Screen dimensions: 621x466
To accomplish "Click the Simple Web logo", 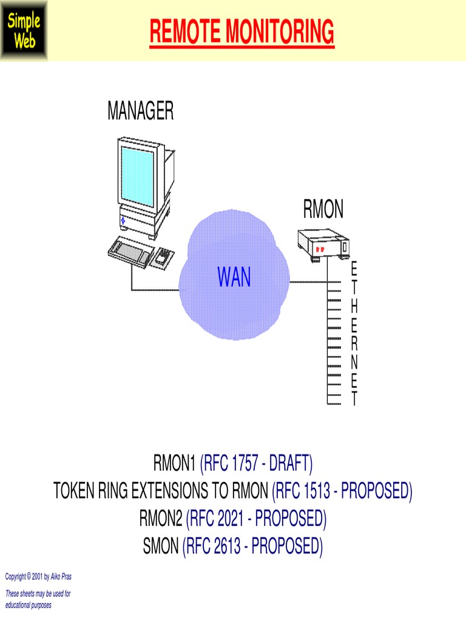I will [x=24, y=30].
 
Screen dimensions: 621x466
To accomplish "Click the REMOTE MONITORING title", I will [x=241, y=32].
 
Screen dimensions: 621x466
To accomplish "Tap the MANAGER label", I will [x=140, y=112].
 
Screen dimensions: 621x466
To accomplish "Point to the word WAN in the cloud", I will [x=234, y=278].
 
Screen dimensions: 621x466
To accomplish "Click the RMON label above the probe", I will [x=323, y=210].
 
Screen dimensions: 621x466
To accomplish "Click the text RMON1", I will [x=175, y=466].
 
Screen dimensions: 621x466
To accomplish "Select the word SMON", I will [x=161, y=547].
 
